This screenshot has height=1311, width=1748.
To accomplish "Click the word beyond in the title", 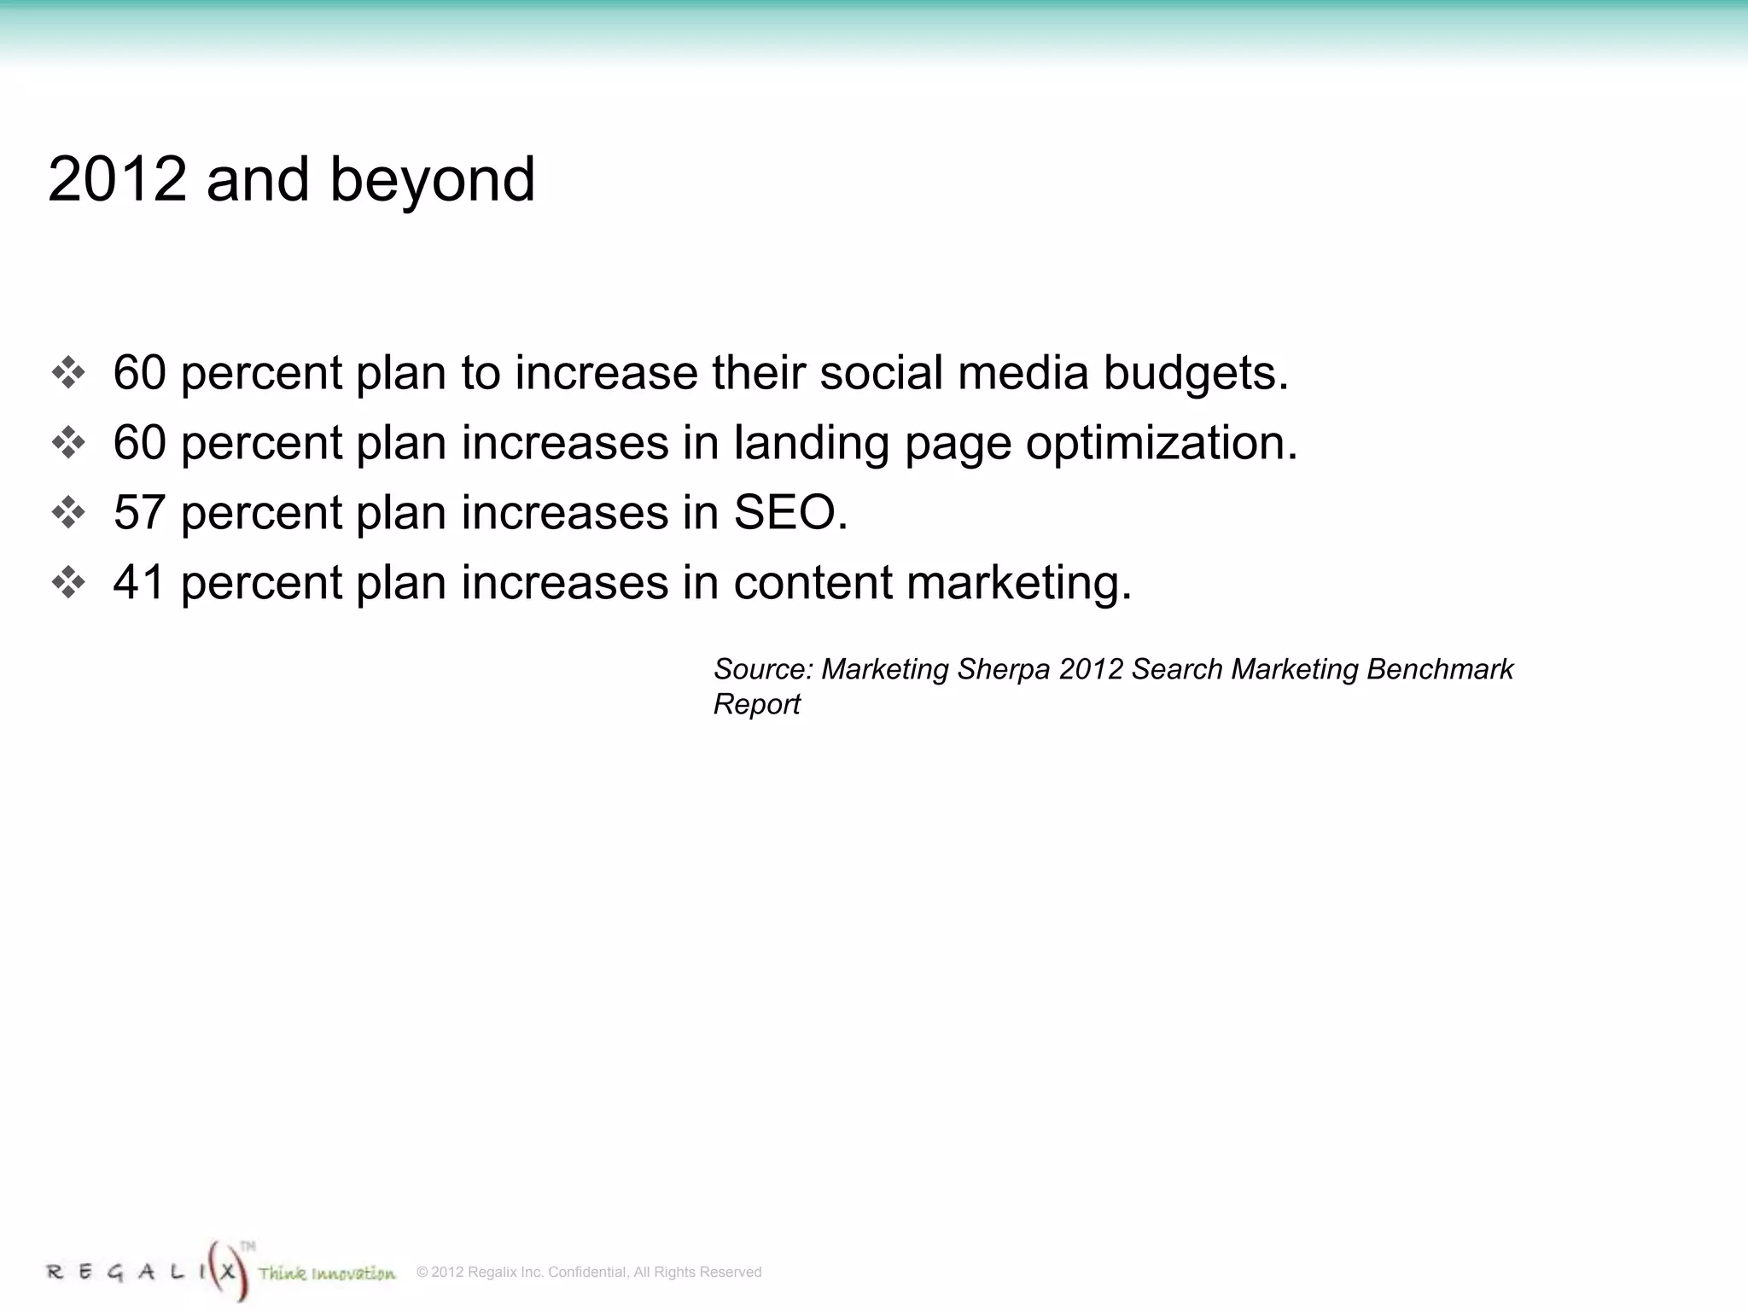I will (x=432, y=181).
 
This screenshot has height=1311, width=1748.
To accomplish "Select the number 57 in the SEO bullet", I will (x=139, y=513).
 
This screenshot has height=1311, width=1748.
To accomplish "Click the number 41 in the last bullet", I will (x=139, y=583).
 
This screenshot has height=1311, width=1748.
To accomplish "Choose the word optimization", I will (x=1161, y=444).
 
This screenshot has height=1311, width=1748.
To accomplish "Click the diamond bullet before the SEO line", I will (x=68, y=513).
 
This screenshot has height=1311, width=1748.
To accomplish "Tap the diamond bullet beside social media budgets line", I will (x=68, y=373).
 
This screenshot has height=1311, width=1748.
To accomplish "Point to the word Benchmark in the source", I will (x=1440, y=669).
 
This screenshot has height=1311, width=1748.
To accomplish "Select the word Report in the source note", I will (x=757, y=704).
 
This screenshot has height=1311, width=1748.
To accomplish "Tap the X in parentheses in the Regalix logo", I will (x=227, y=1271).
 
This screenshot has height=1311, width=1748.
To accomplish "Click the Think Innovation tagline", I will (x=327, y=1273).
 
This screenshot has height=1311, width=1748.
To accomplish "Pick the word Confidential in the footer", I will (x=586, y=1272).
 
